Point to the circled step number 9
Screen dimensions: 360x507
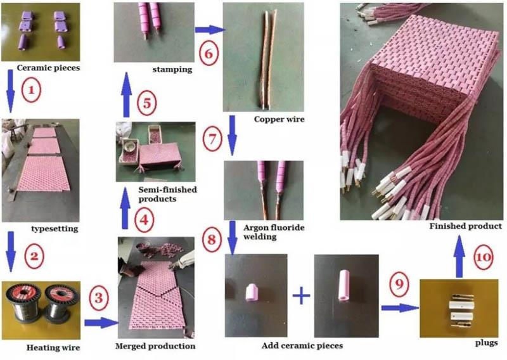coord(399,286)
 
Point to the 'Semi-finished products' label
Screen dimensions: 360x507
coord(155,194)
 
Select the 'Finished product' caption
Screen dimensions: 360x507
coord(466,226)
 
